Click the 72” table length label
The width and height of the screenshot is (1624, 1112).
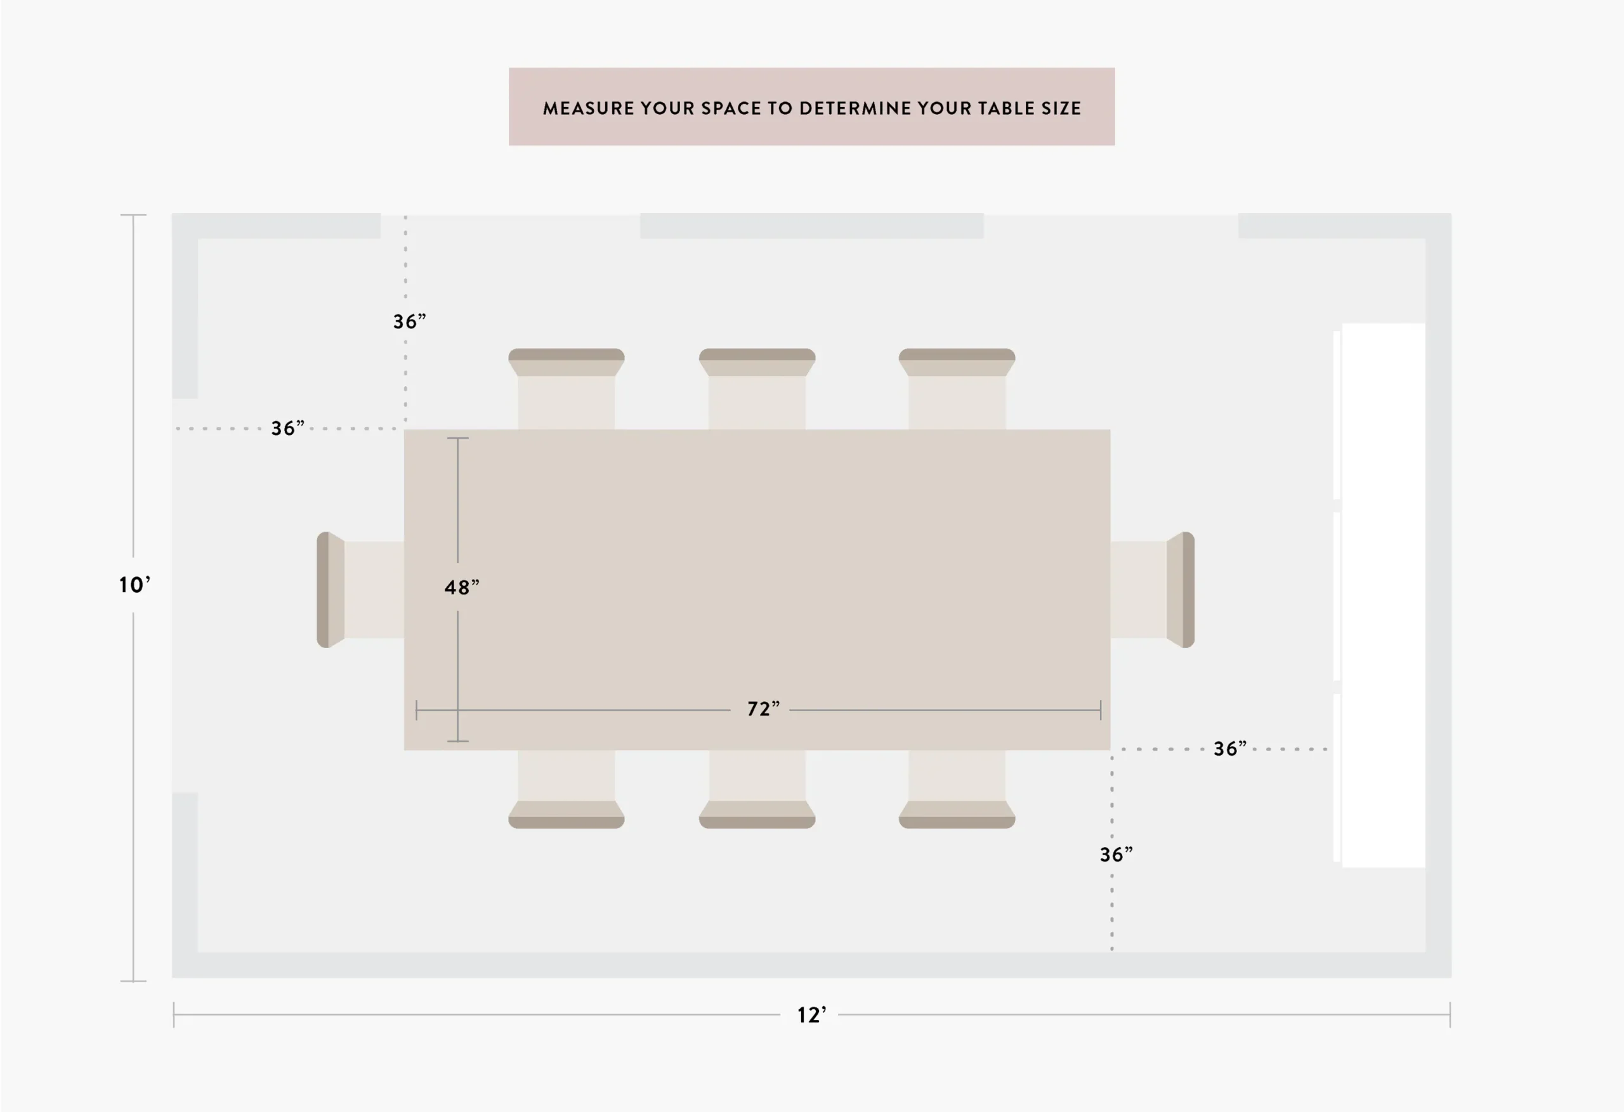click(763, 709)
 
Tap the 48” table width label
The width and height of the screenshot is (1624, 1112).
click(462, 588)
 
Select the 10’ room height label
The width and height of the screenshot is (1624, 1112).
click(134, 585)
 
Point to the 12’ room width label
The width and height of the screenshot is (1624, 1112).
click(812, 1015)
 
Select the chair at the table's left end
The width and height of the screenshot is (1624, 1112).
click(360, 590)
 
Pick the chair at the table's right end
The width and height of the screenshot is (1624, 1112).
click(1152, 590)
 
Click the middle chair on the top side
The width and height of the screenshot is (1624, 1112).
click(757, 389)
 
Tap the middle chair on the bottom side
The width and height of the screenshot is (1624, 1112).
click(757, 789)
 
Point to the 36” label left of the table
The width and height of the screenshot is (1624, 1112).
click(288, 428)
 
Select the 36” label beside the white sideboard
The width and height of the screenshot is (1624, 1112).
click(1230, 749)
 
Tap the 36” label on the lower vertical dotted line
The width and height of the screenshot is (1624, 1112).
click(1116, 854)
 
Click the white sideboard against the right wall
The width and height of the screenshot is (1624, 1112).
click(1380, 595)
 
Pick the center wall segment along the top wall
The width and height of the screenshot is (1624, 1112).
click(812, 226)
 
